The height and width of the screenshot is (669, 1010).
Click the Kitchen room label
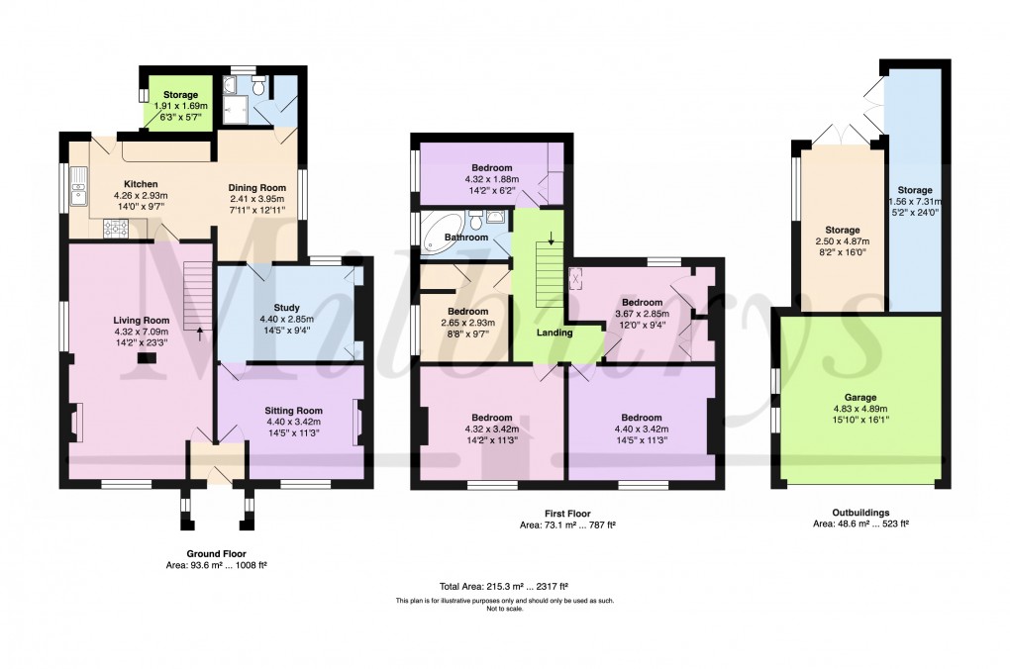point(140,184)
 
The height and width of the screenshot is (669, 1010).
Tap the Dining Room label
point(256,187)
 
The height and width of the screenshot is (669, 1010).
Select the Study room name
point(286,308)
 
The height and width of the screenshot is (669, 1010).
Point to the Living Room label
point(141,320)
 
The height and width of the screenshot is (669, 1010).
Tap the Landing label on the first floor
point(555,333)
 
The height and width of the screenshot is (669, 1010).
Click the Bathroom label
point(465,238)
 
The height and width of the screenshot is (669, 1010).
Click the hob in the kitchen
point(116,229)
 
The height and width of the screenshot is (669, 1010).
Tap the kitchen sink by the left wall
point(79,185)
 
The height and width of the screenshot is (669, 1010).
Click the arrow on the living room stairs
point(200,333)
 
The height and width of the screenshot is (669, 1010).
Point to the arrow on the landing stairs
point(551,239)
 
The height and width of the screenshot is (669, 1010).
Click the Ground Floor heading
point(217,554)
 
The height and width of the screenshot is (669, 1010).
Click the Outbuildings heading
point(860,514)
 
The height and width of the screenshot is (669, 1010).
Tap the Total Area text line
point(505,586)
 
